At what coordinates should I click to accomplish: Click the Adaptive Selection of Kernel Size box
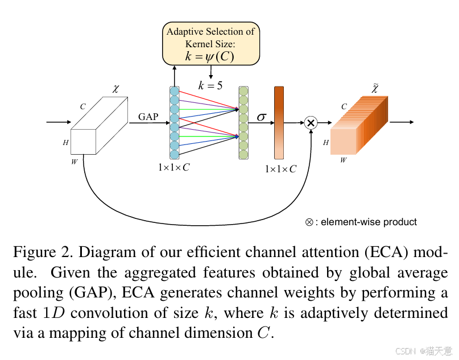(x=210, y=43)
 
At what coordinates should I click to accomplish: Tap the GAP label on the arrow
(x=148, y=117)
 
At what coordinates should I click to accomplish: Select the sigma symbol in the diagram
(x=261, y=117)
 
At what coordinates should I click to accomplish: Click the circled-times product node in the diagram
(x=311, y=122)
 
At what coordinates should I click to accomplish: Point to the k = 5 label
(x=210, y=86)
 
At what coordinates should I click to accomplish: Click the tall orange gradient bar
(x=279, y=122)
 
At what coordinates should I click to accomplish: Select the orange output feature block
(x=359, y=127)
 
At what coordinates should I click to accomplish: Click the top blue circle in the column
(x=175, y=91)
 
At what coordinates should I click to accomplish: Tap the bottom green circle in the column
(x=244, y=154)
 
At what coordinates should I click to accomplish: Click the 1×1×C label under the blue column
(x=174, y=168)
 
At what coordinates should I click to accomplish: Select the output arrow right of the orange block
(x=402, y=122)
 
